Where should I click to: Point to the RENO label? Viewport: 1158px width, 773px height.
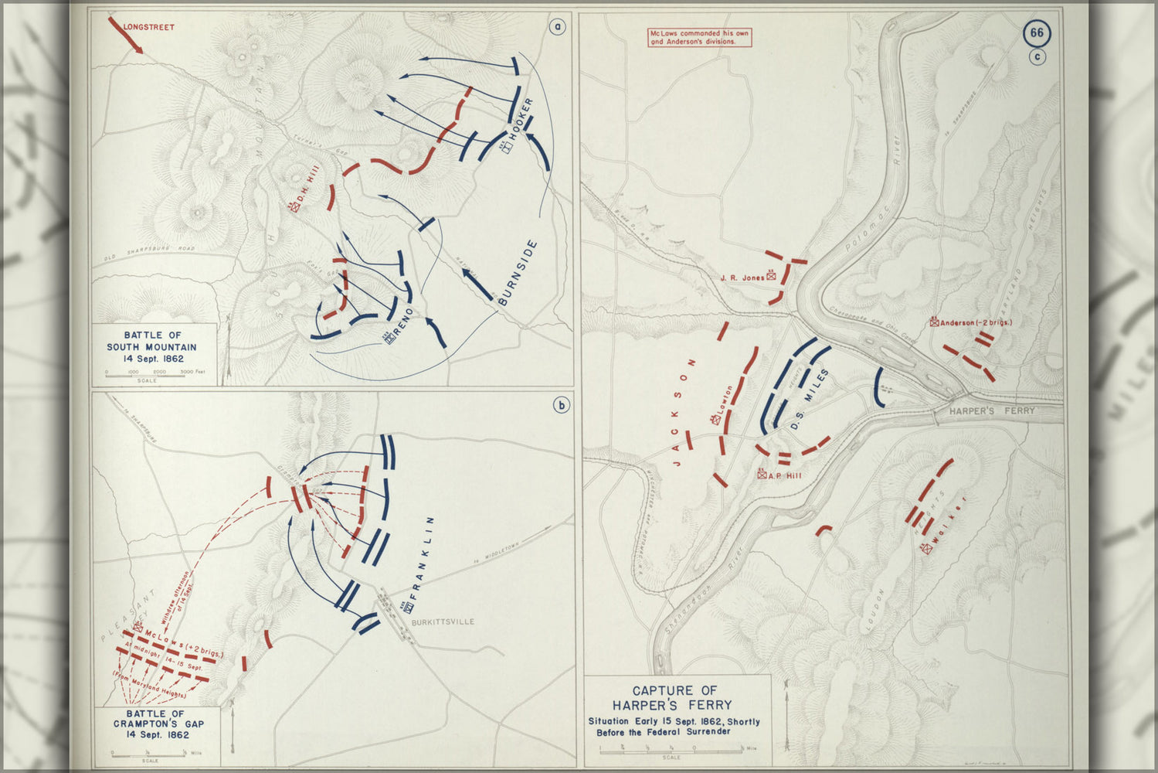coord(404,323)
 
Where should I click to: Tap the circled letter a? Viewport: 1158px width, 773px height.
coord(557,27)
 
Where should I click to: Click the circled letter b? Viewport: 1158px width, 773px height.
coord(561,404)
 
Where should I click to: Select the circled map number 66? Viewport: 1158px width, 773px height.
coord(1037,33)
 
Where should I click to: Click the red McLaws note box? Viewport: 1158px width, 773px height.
coord(699,37)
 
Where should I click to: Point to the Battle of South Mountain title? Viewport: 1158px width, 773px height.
coord(152,347)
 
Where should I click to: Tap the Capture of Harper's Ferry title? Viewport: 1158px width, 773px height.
coord(674,697)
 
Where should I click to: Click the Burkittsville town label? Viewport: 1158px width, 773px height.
coord(443,621)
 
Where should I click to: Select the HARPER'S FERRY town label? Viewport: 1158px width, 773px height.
coord(992,411)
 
